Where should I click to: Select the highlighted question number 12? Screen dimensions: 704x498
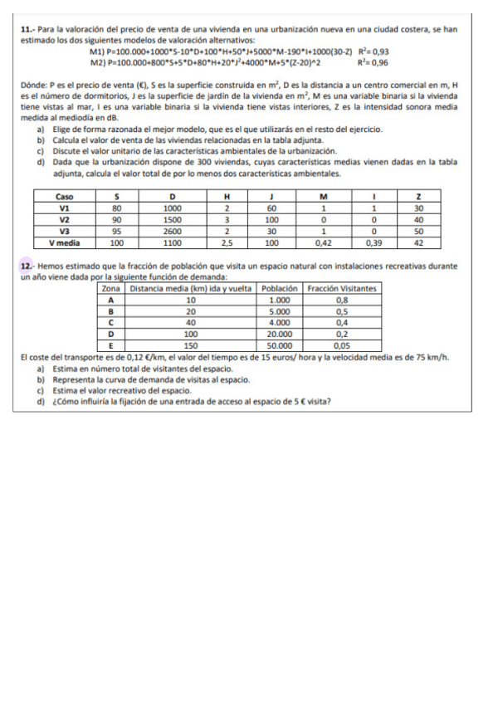click(26, 265)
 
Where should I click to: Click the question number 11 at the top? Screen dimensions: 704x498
click(26, 29)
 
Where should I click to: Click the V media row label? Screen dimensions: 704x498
click(64, 243)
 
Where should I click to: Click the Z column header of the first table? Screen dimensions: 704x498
click(419, 197)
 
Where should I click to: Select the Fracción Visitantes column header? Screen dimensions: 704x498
click(341, 288)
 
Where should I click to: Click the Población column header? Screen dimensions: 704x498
click(279, 288)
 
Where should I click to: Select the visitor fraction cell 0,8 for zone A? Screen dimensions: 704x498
click(341, 299)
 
